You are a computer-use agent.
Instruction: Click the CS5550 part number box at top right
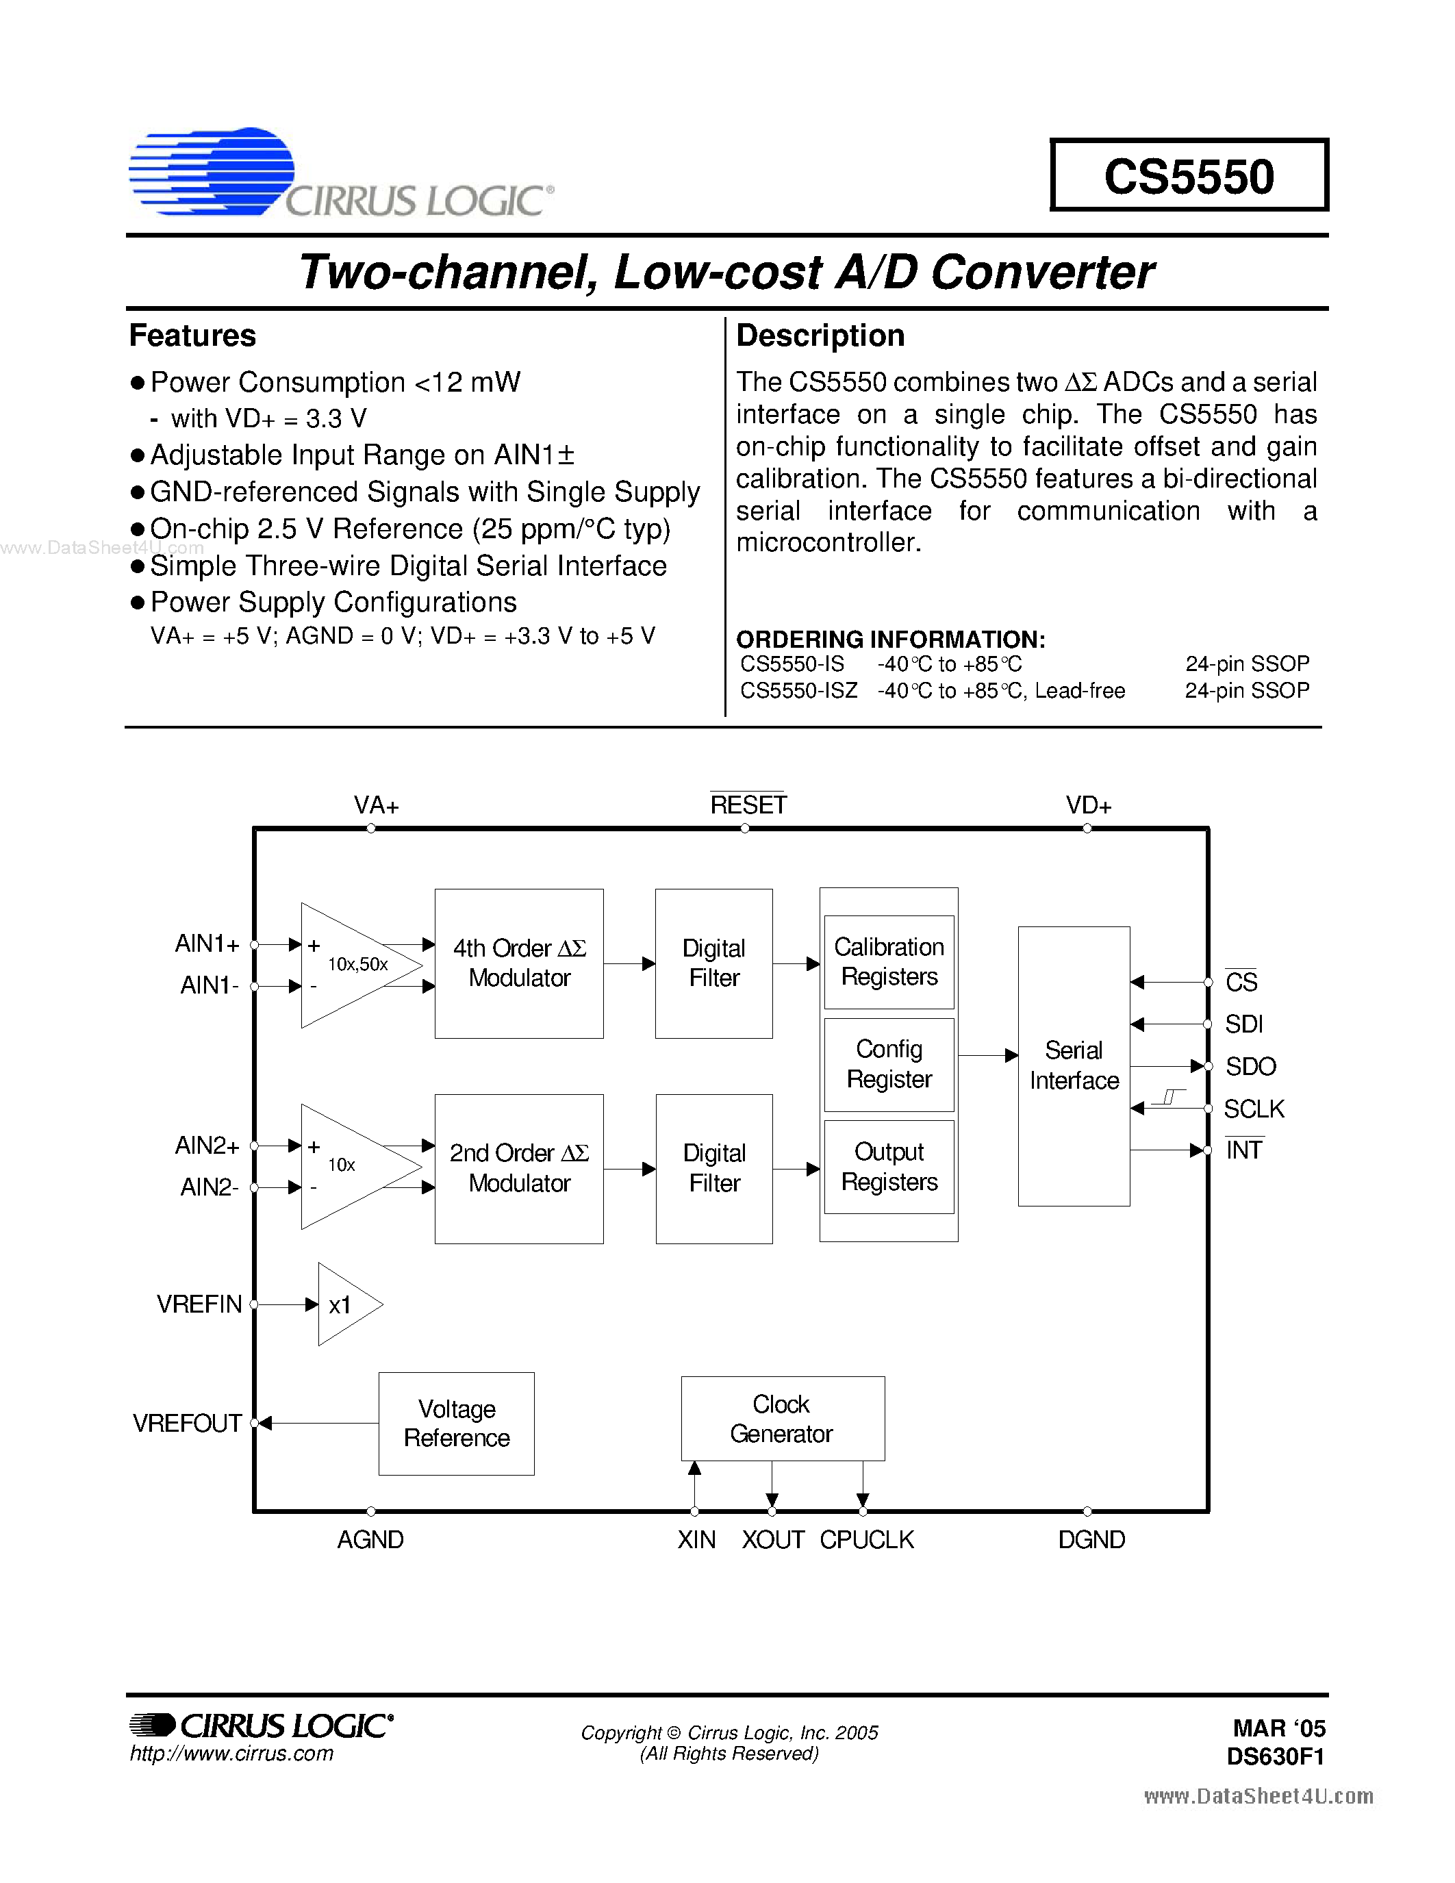click(x=1189, y=175)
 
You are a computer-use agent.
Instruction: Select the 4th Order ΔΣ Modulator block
click(x=519, y=963)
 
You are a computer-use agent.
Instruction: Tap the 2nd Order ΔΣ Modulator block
click(x=519, y=1168)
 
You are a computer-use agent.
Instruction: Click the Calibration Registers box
click(x=889, y=961)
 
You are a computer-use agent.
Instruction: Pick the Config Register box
click(x=889, y=1065)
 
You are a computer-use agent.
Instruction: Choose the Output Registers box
click(x=889, y=1167)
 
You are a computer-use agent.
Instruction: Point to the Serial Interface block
click(x=1073, y=1065)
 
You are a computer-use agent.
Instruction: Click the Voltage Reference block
click(x=456, y=1424)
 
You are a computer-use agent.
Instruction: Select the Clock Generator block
click(x=782, y=1418)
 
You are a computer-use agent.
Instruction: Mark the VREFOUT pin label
click(x=186, y=1424)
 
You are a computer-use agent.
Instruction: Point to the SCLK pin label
click(x=1253, y=1109)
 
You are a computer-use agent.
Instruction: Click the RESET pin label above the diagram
click(x=747, y=805)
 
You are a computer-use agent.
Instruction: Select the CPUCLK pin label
click(x=866, y=1540)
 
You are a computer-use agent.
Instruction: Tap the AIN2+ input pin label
click(x=207, y=1146)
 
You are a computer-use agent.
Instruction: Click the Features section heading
click(x=192, y=336)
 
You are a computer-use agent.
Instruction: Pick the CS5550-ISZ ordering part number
click(x=798, y=691)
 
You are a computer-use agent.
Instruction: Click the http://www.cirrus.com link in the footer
click(x=231, y=1754)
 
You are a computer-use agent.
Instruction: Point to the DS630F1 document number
click(x=1275, y=1757)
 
